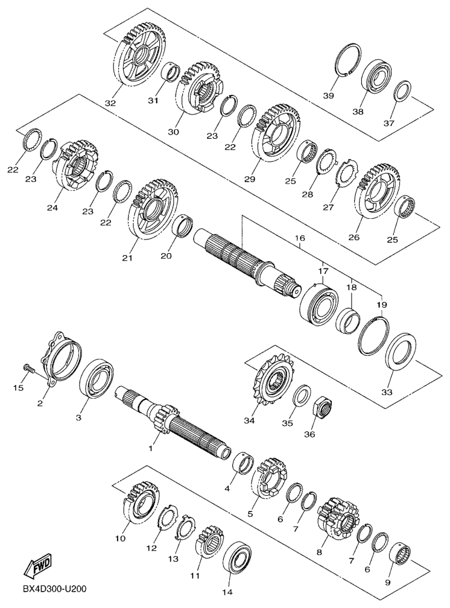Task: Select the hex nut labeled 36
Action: tap(322, 408)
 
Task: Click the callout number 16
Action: tap(300, 238)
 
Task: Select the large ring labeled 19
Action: tap(373, 335)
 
